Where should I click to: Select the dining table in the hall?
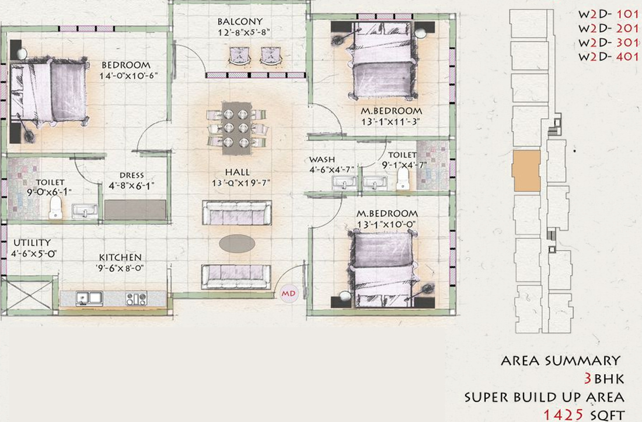(238, 128)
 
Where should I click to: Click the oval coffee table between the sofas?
(237, 244)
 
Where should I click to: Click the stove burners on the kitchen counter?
(136, 299)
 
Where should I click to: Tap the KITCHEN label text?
(120, 257)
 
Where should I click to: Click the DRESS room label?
(131, 175)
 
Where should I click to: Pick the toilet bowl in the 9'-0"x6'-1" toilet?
(55, 207)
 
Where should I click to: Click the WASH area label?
(322, 159)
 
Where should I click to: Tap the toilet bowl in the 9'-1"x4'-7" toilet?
(403, 181)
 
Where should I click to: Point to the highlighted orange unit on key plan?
(526, 170)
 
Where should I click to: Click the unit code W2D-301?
(607, 43)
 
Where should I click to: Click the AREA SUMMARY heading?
(560, 361)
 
